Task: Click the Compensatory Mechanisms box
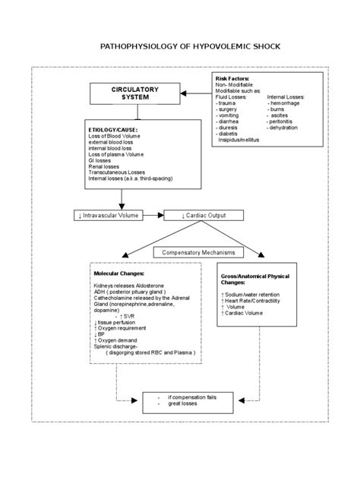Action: click(194, 252)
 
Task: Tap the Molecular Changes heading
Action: click(118, 272)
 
